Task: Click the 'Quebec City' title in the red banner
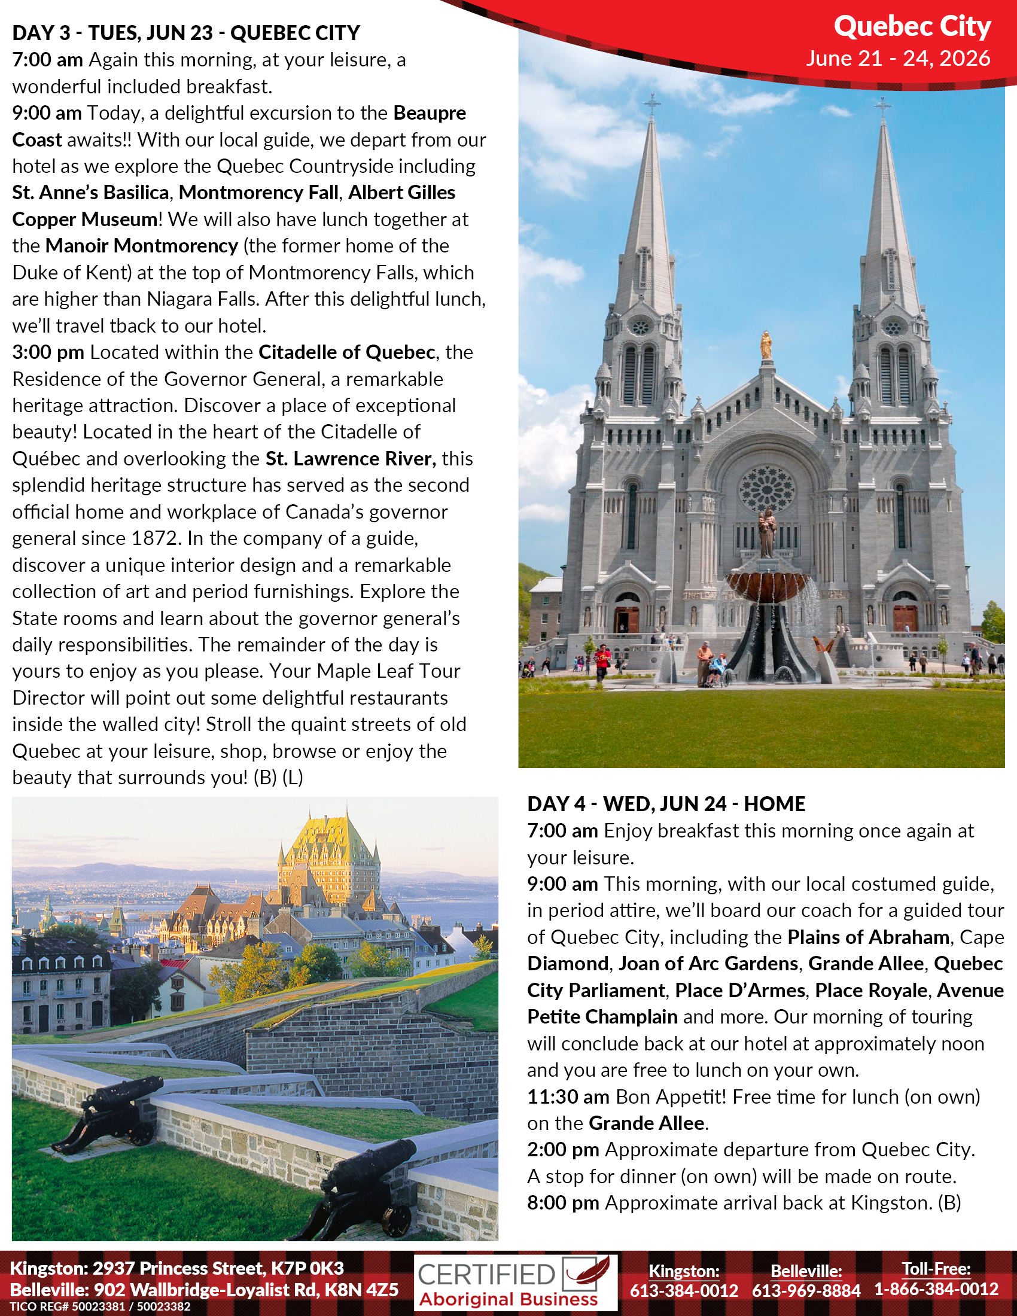tap(912, 27)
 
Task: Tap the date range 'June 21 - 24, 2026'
tap(898, 59)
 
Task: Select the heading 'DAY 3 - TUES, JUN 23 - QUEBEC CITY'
tap(186, 32)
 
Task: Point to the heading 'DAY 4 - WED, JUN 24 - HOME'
tap(666, 804)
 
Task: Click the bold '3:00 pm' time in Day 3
tap(48, 352)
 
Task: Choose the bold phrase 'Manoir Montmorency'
tap(142, 246)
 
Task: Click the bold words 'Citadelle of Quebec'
tap(346, 352)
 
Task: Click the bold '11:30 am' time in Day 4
tap(568, 1096)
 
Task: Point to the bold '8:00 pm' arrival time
tap(563, 1203)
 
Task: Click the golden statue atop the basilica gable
tap(766, 345)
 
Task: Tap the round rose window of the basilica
tap(767, 489)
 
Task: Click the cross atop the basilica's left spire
tap(651, 103)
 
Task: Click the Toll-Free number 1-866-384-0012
tap(936, 1289)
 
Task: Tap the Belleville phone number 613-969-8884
tap(806, 1290)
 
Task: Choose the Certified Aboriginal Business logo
tap(515, 1283)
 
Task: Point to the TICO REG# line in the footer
tap(100, 1307)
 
